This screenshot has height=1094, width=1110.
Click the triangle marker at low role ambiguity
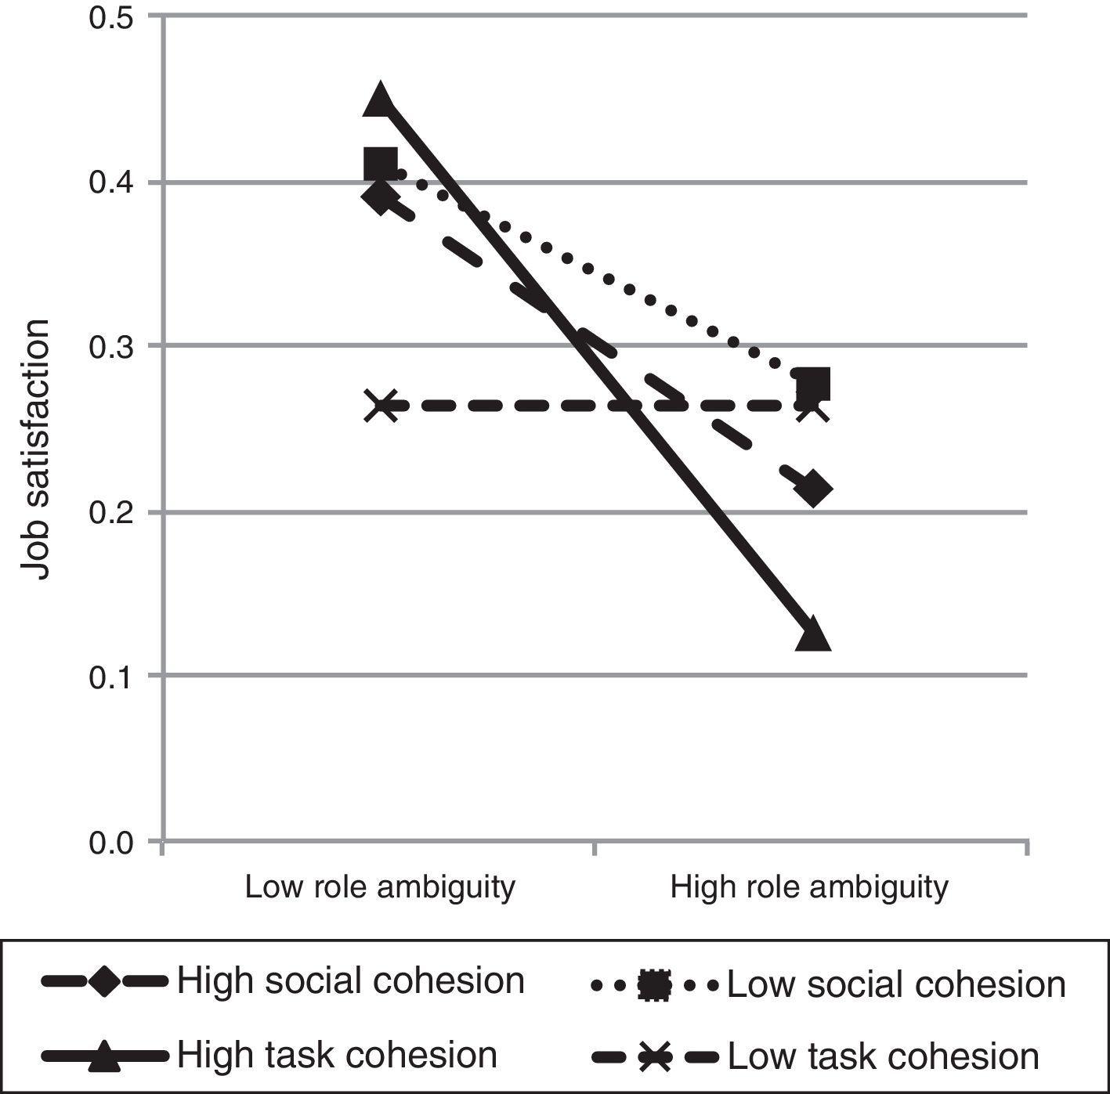tap(380, 99)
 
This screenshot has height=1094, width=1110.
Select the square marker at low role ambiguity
tap(381, 165)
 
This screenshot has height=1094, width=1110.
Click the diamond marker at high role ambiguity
tap(813, 489)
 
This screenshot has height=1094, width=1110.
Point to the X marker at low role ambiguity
tap(381, 406)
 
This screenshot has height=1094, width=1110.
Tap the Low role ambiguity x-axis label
tap(380, 887)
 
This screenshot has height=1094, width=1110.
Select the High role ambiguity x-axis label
tap(809, 887)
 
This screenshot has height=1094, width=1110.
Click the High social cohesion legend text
tap(350, 980)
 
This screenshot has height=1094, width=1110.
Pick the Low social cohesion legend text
tap(896, 984)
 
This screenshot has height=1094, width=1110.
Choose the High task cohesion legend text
tap(337, 1055)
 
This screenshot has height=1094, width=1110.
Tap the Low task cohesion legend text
tap(883, 1056)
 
